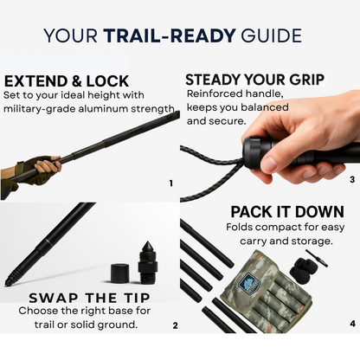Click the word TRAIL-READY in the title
pyautogui.click(x=170, y=35)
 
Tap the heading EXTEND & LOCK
pyautogui.click(x=67, y=81)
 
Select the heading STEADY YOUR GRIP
pyautogui.click(x=254, y=80)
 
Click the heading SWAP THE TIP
pyautogui.click(x=89, y=298)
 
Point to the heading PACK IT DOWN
pyautogui.click(x=287, y=212)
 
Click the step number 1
pyautogui.click(x=171, y=183)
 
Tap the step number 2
pyautogui.click(x=175, y=325)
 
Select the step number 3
pyautogui.click(x=352, y=179)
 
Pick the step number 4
pyautogui.click(x=352, y=324)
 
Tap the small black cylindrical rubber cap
pyautogui.click(x=120, y=273)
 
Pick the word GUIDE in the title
pyautogui.click(x=271, y=35)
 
